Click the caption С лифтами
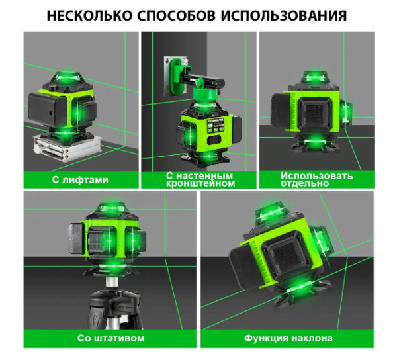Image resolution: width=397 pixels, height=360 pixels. [x=81, y=179]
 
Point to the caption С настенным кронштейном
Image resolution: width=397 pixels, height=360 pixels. [x=199, y=179]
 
